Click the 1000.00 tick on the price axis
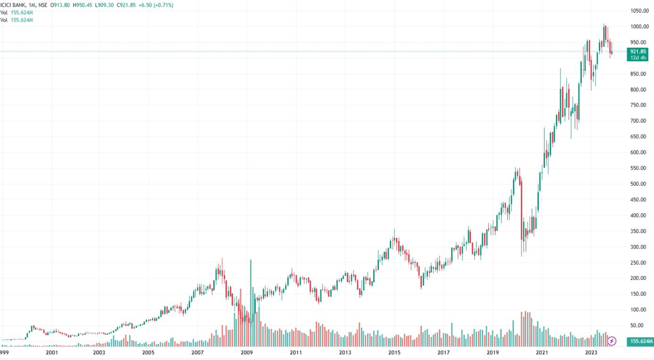(x=641, y=26)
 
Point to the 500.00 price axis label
(x=641, y=184)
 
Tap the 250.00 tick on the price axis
(x=641, y=262)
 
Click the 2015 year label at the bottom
(x=394, y=352)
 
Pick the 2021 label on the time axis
(x=542, y=352)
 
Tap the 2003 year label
(x=99, y=352)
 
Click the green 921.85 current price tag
(x=637, y=51)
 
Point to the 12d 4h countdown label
(x=637, y=57)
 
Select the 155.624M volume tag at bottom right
(x=639, y=341)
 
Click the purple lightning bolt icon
(x=612, y=341)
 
